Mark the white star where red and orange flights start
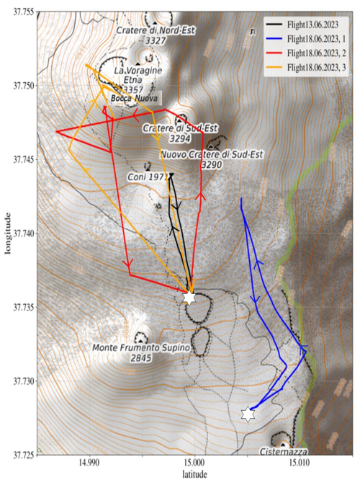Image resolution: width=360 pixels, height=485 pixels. (189, 297)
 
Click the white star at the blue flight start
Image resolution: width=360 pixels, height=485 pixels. (248, 414)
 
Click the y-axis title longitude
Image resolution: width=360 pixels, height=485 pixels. (6, 233)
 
